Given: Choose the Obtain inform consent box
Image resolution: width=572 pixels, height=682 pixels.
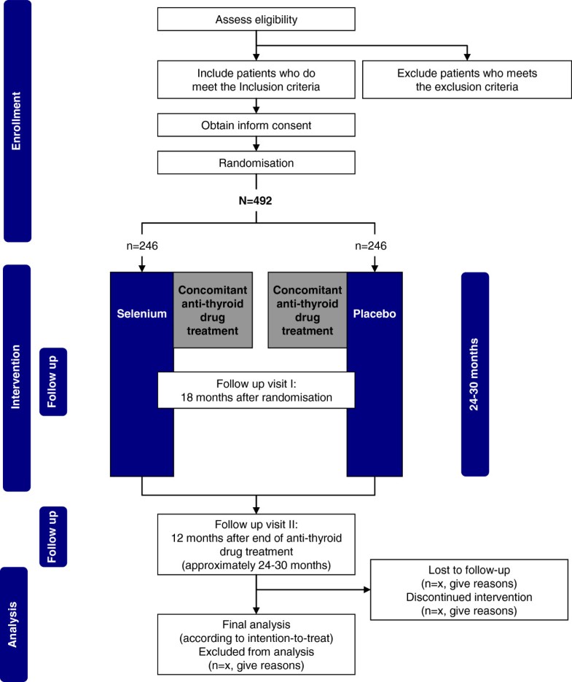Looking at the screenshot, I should [255, 125].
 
